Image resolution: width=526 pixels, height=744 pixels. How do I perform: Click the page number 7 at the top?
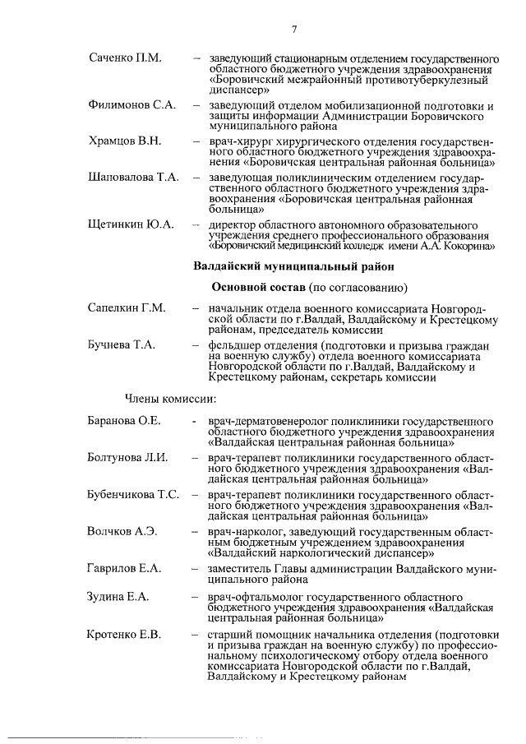click(x=293, y=30)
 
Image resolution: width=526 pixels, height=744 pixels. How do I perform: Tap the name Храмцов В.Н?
click(x=124, y=141)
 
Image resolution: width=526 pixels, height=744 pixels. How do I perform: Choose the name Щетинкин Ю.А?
click(x=131, y=224)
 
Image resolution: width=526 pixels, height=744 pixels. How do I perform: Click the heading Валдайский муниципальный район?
click(x=293, y=266)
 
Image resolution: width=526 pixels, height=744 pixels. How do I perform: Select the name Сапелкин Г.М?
click(x=127, y=307)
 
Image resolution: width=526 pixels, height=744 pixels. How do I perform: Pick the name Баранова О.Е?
click(x=124, y=420)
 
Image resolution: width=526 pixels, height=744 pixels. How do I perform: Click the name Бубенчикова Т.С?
click(x=133, y=494)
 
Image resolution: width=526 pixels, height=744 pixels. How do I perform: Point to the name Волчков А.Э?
click(x=122, y=531)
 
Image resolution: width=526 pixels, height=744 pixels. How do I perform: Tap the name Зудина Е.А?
click(x=118, y=596)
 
